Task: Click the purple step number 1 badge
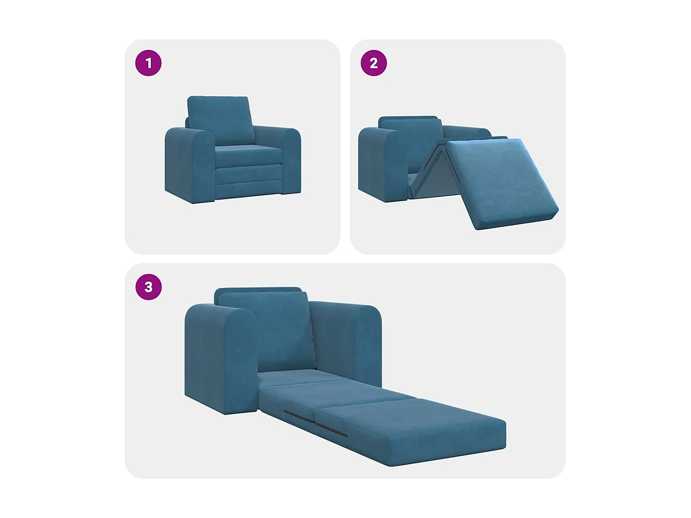[x=148, y=63]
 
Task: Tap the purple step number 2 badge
[x=374, y=63]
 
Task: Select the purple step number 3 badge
[x=148, y=287]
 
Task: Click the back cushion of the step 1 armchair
[x=220, y=119]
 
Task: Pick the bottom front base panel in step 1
[x=249, y=190]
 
